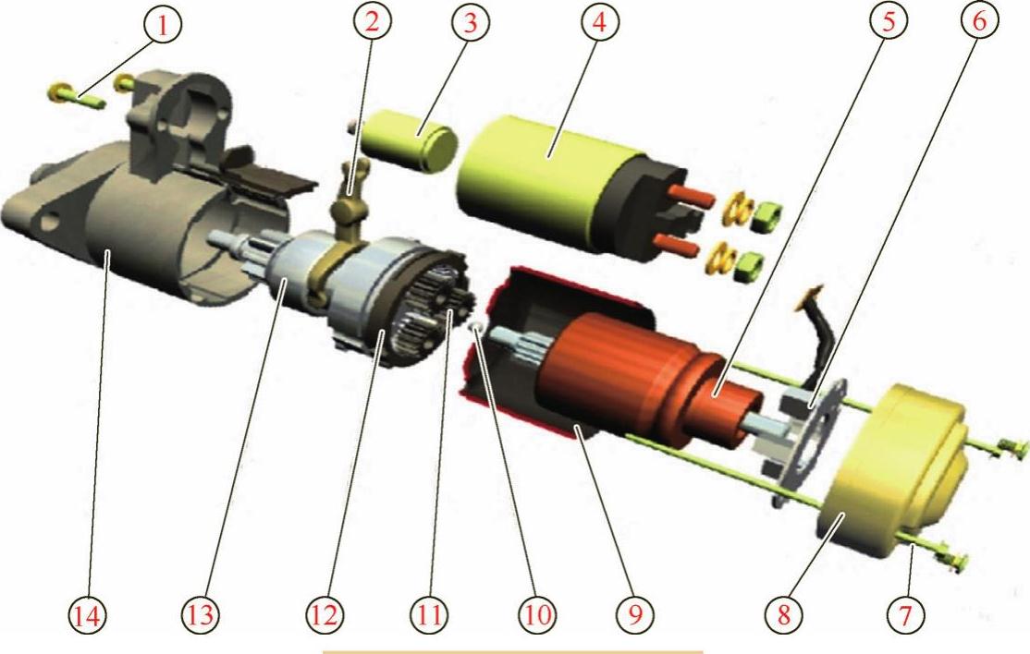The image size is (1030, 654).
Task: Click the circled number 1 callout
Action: click(162, 25)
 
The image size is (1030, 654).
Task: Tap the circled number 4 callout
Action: click(599, 22)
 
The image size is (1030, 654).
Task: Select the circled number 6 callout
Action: click(979, 21)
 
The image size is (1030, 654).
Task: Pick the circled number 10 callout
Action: click(536, 615)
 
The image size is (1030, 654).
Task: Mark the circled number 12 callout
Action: click(325, 615)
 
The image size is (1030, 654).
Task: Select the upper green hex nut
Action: click(766, 216)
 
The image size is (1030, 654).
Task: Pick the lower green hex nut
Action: click(748, 266)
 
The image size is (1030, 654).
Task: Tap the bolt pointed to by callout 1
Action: click(77, 96)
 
